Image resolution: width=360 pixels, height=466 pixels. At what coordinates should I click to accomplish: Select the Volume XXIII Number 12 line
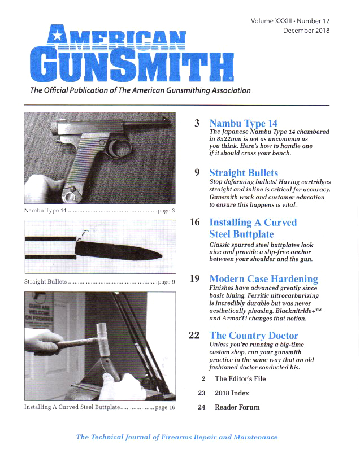290,20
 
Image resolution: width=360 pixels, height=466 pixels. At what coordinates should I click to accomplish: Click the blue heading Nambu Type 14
243,123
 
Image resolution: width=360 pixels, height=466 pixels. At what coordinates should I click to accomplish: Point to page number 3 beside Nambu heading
197,123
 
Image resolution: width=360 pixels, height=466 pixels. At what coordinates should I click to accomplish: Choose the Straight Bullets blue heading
244,173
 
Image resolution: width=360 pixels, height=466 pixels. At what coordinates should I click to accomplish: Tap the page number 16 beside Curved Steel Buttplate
195,223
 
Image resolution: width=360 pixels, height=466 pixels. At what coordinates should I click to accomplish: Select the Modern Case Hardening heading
263,279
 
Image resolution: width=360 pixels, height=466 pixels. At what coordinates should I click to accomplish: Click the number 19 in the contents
195,279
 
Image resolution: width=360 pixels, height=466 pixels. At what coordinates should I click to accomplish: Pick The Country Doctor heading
254,336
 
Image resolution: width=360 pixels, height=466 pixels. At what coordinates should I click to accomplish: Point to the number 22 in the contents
194,336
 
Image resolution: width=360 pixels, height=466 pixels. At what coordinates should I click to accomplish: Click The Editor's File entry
240,379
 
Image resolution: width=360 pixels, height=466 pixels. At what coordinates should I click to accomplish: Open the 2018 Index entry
232,393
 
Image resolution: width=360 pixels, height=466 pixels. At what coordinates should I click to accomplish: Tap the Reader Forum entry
237,407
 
